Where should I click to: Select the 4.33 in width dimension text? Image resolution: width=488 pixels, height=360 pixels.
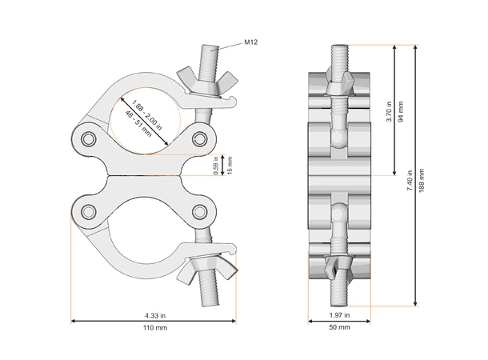point(155,315)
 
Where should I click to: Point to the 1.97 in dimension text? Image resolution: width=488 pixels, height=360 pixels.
point(339,315)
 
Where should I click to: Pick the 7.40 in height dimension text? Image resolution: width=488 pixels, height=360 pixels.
point(410,179)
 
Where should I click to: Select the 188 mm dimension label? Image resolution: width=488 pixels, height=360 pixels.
point(422,179)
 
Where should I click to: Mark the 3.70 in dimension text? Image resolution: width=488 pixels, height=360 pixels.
point(389,109)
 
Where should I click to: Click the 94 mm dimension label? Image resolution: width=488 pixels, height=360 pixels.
point(401,109)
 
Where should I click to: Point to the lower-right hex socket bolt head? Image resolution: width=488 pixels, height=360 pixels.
point(199,211)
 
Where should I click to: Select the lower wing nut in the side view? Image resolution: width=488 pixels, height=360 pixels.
point(339,266)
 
